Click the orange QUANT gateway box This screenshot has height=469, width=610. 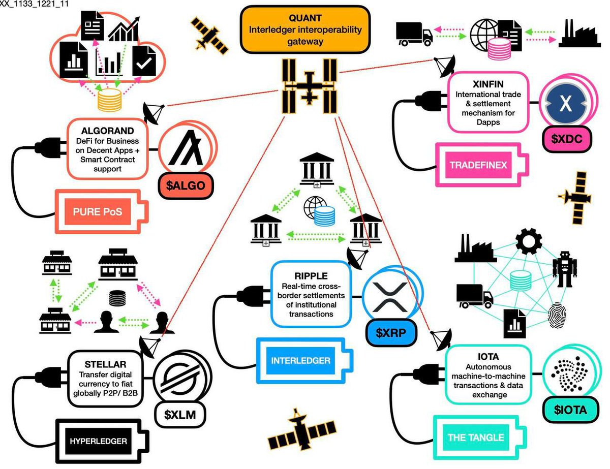click(305, 29)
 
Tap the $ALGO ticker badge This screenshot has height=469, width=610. click(185, 185)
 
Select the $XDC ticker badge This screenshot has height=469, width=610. click(567, 139)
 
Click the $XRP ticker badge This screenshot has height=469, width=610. click(391, 333)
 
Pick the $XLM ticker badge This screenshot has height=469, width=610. click(180, 415)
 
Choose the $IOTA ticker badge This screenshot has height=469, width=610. click(570, 410)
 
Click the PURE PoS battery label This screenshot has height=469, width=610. click(98, 211)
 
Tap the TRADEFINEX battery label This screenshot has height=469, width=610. click(478, 165)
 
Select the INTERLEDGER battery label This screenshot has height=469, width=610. click(300, 360)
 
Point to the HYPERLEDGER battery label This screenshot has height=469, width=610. click(98, 441)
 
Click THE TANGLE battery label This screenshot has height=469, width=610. click(476, 437)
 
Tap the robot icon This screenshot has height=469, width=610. click(565, 269)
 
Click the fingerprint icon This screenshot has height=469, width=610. click(557, 315)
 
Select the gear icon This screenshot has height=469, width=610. click(529, 241)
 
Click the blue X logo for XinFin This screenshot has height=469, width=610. click(565, 104)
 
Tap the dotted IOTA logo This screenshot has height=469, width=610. click(569, 374)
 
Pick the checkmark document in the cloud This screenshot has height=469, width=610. click(144, 61)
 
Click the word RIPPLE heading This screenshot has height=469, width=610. click(311, 276)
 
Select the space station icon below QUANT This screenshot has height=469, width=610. click(310, 86)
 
